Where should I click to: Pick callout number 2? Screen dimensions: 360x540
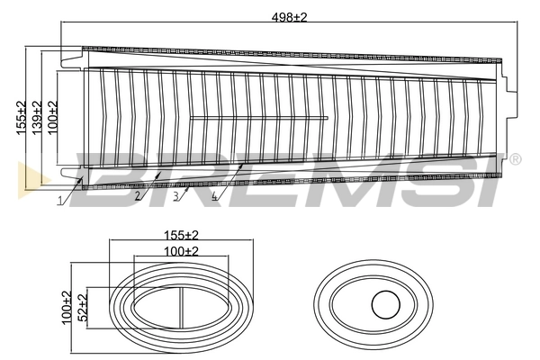click(x=138, y=195)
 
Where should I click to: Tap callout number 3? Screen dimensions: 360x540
click(x=175, y=195)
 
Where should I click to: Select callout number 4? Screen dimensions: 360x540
click(x=213, y=195)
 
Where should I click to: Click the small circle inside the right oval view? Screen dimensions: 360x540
click(x=385, y=305)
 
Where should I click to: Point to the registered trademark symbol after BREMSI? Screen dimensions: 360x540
click(x=515, y=159)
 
